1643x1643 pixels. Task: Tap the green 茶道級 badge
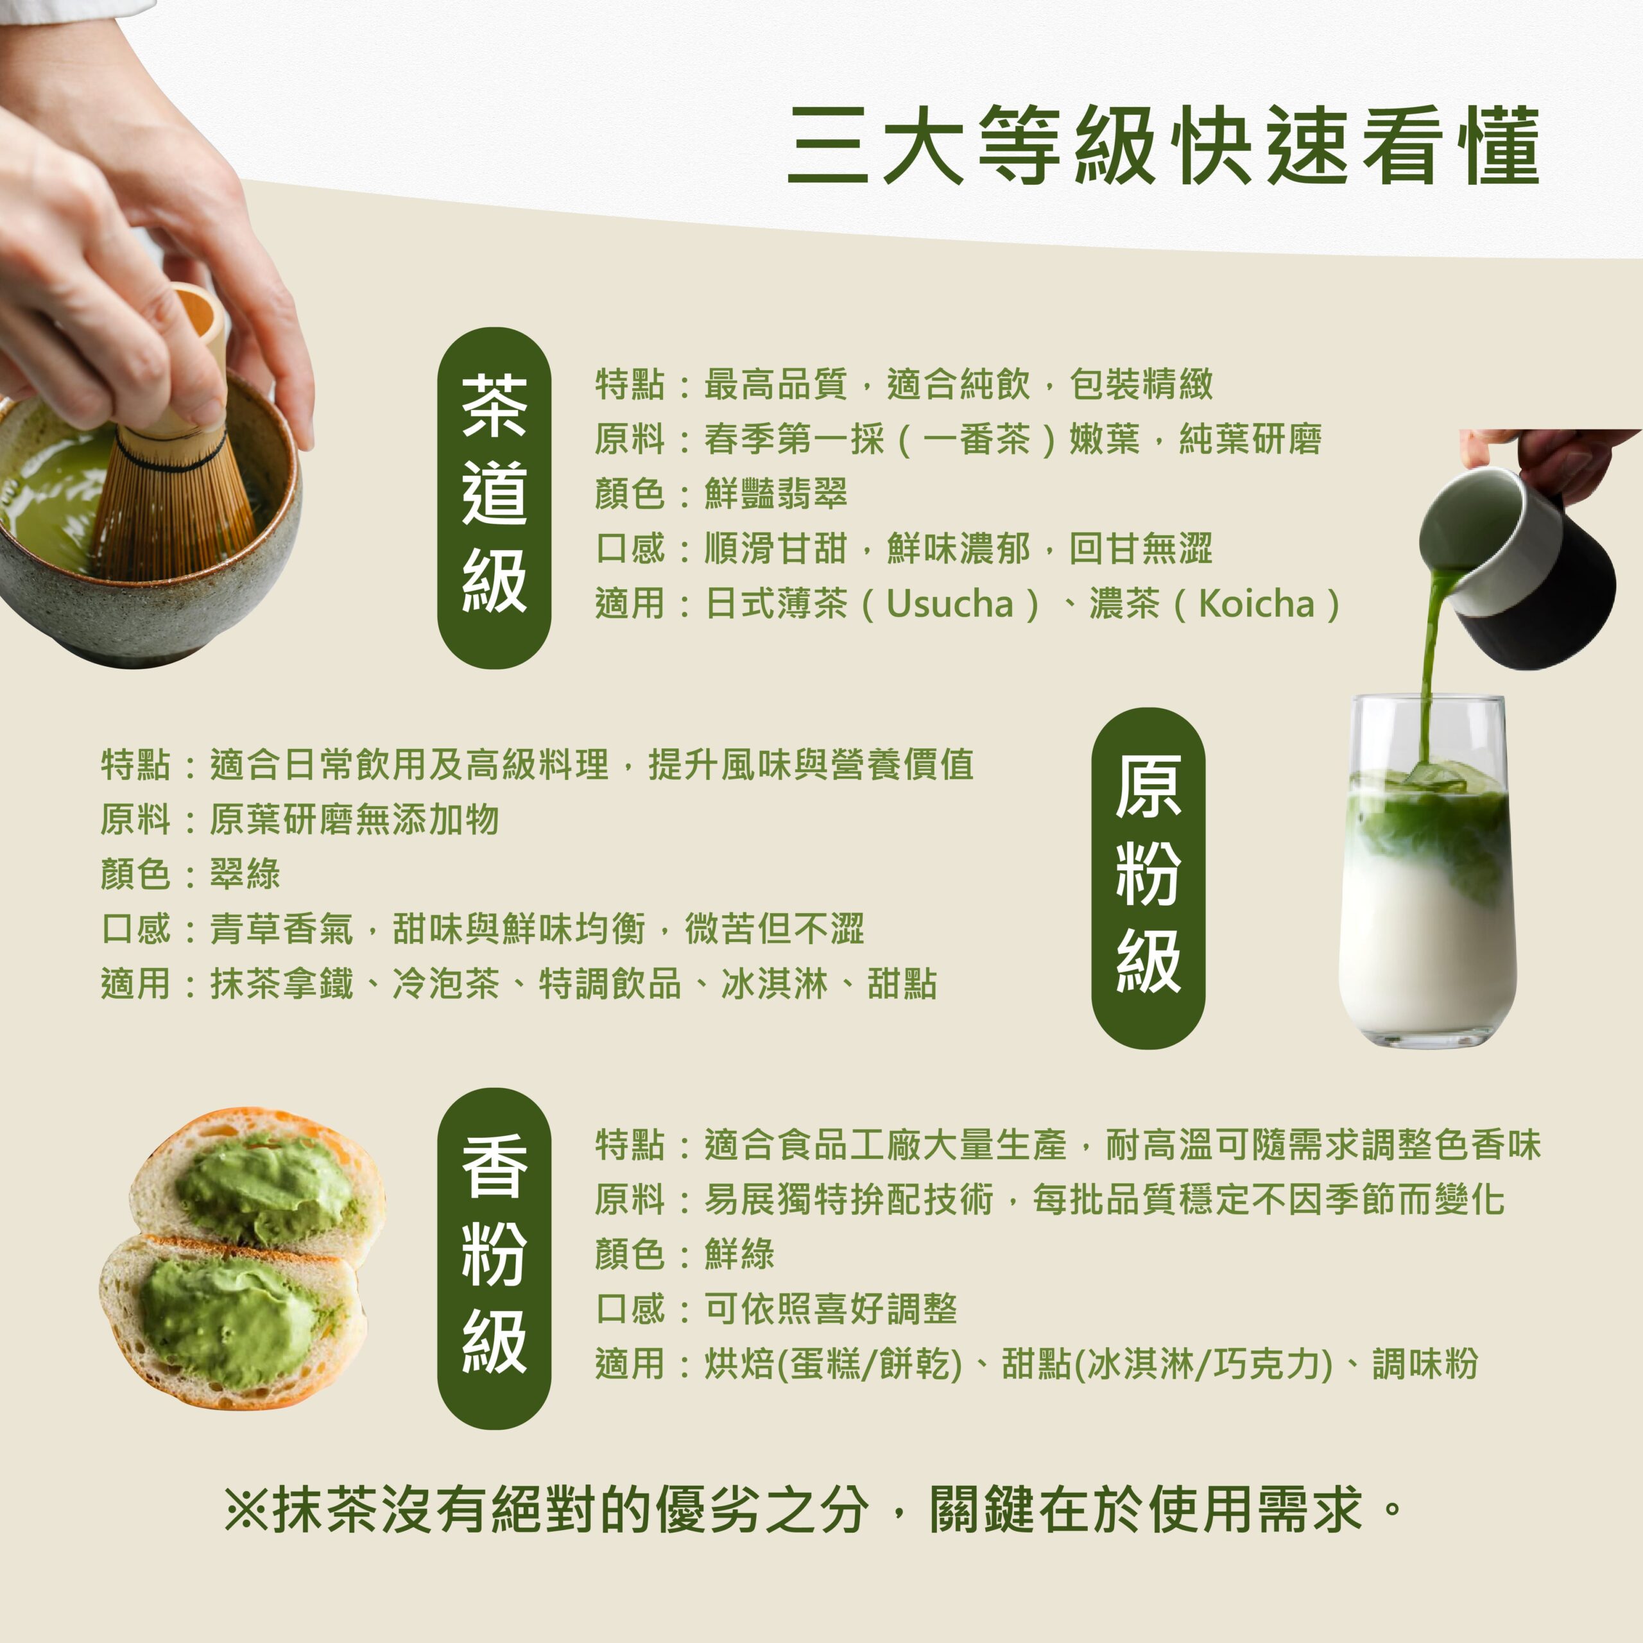click(x=494, y=497)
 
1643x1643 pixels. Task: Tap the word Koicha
click(x=1256, y=605)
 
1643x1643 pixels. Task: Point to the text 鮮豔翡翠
click(x=775, y=494)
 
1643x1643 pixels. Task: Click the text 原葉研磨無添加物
click(x=354, y=820)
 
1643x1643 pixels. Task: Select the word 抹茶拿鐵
click(x=282, y=984)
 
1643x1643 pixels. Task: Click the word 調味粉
click(x=1425, y=1363)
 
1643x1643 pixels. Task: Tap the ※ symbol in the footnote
click(x=246, y=1510)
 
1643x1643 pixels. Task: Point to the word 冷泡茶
click(x=445, y=984)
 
